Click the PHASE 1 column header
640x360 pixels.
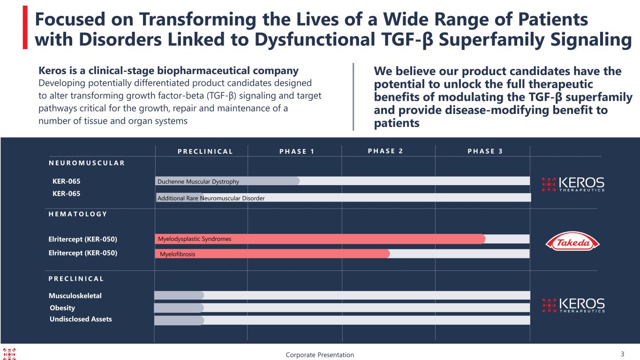[x=297, y=151]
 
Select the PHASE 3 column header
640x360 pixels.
[x=485, y=151]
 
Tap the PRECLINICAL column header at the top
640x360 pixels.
[x=205, y=151]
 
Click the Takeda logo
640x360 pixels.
[x=572, y=242]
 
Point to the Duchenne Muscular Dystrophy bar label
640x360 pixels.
[x=198, y=181]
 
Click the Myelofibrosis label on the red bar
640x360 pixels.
[x=177, y=254]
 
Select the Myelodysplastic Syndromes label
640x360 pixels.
[x=195, y=239]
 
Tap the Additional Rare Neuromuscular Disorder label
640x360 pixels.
[x=211, y=198]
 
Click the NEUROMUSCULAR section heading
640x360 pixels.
[x=87, y=163]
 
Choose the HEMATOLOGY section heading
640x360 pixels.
[x=78, y=214]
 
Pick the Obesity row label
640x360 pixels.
[x=62, y=307]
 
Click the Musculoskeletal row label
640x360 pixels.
[x=75, y=296]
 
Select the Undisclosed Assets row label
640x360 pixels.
[x=81, y=319]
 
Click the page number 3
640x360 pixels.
[x=623, y=354]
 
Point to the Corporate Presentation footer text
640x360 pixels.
[x=320, y=355]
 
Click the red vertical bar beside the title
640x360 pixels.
[x=25, y=28]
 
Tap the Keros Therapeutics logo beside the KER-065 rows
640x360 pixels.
[x=573, y=184]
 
